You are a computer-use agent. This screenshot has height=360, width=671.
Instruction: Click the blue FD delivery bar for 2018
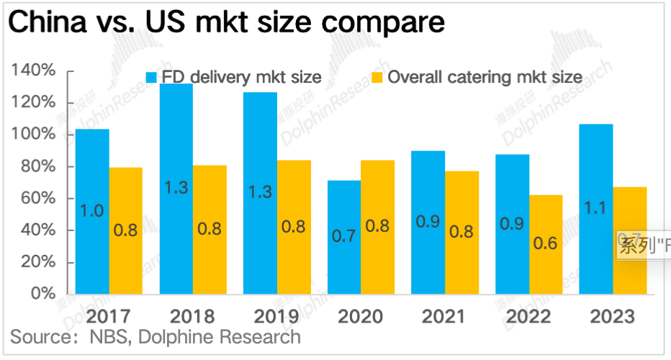176,189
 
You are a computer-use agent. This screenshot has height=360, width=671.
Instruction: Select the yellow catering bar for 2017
125,230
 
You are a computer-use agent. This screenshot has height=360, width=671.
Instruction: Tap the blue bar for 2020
344,237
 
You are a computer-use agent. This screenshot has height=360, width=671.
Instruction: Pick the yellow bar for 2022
545,244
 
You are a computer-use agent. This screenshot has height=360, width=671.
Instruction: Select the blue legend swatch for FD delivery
152,77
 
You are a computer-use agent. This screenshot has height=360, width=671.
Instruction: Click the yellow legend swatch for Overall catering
377,77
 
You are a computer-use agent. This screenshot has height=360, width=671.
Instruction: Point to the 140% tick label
33,71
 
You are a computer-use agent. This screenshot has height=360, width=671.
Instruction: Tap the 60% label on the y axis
37,198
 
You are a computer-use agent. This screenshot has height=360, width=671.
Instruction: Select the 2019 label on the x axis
260,316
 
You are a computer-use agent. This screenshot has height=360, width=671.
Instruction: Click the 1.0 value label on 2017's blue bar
92,211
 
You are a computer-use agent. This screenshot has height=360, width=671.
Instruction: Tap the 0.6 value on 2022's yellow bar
545,243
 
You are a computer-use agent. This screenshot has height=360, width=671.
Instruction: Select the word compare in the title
386,23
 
